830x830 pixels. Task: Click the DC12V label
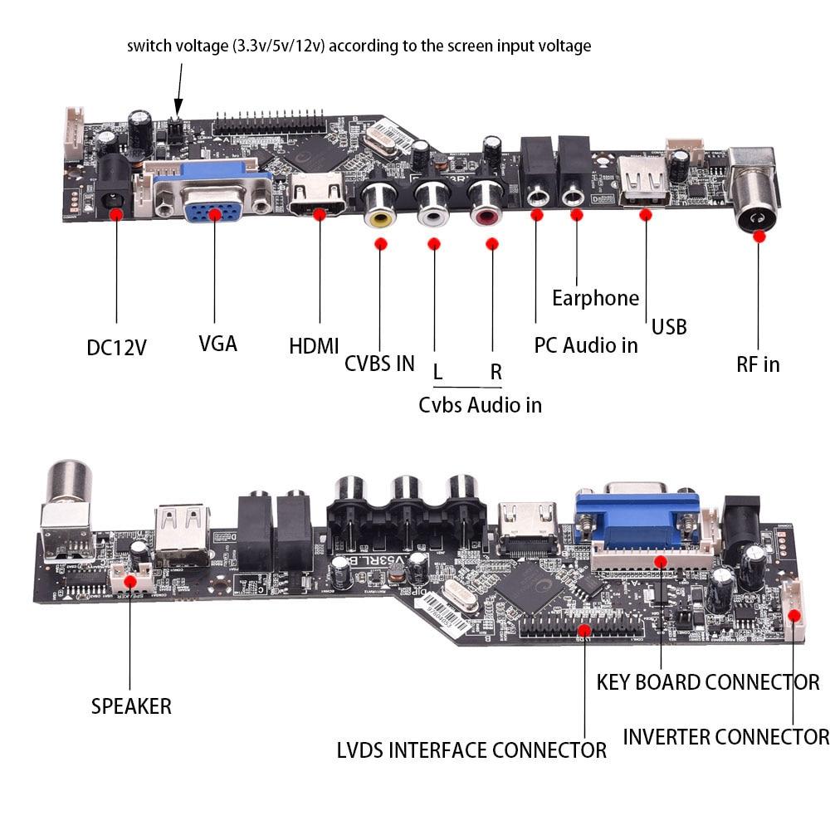coord(116,346)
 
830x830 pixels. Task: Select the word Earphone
coord(595,298)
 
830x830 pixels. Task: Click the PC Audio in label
coord(585,344)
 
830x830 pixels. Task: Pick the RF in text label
coord(758,364)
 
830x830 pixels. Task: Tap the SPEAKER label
coord(131,706)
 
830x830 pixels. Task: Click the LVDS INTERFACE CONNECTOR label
coord(471,750)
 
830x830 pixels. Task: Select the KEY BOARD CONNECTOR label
coord(707,682)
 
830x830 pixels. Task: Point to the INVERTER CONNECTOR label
coord(725,737)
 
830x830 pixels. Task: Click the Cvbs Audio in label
coord(480,405)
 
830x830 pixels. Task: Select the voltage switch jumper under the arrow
coord(175,129)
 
